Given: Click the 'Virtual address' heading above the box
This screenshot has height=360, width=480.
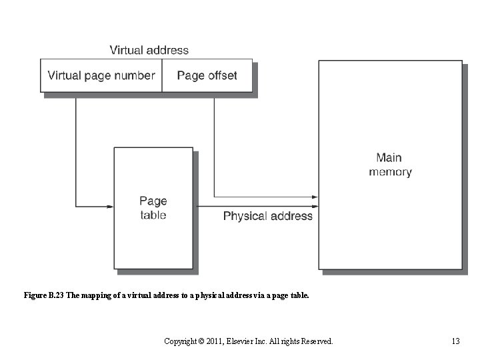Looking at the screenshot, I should (x=149, y=50).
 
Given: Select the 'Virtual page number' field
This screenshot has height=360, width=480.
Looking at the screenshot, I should (x=101, y=75).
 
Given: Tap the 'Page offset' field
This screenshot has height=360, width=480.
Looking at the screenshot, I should (x=207, y=75).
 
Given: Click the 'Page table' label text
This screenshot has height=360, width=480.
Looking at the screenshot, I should (x=153, y=207).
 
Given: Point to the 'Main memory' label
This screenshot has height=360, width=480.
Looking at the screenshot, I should (x=390, y=165).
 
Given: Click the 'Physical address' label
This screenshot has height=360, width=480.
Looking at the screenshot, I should (x=267, y=216).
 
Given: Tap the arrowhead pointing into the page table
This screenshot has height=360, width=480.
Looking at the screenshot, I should (x=110, y=207).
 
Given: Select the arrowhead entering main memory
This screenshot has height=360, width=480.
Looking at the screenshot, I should (x=315, y=197).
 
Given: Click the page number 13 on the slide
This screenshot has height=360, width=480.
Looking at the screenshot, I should (x=455, y=341).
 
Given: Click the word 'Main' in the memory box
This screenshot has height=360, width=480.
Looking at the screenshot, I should (x=389, y=158).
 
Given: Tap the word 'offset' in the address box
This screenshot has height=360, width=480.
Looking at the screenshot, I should (x=221, y=75).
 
